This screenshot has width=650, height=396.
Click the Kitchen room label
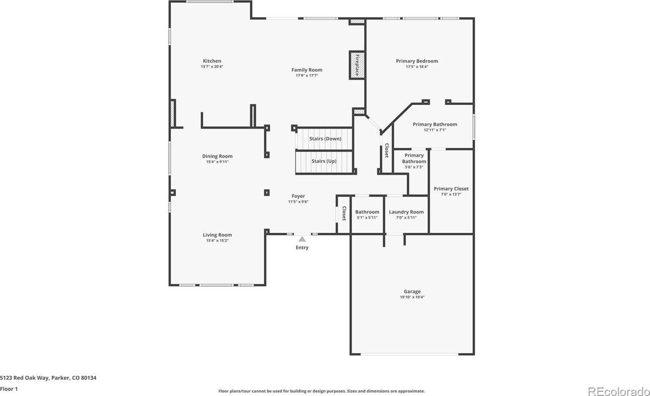point(212,61)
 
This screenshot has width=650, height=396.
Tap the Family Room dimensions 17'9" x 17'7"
point(307,76)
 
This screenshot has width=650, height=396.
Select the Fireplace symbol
point(357,65)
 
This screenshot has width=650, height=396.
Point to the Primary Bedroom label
point(417,61)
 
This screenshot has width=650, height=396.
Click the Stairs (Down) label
point(325,139)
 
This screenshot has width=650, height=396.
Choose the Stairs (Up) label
point(324,161)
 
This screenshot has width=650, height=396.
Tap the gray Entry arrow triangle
point(302,239)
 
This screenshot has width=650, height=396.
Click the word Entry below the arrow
point(302,248)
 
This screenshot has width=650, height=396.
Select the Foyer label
point(298,196)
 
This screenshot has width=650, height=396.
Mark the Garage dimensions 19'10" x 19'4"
point(412,297)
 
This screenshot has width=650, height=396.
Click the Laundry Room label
point(406,212)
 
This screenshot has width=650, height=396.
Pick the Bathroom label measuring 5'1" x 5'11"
point(367,212)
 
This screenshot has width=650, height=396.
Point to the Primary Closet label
point(451,189)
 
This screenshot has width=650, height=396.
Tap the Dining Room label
point(217,156)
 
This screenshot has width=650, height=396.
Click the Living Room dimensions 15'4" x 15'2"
point(217,241)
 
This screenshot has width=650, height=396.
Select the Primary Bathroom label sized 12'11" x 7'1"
point(434,124)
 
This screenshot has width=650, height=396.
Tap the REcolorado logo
point(618,391)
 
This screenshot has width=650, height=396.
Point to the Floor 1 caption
point(9,389)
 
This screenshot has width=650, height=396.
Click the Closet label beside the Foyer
point(344,213)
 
